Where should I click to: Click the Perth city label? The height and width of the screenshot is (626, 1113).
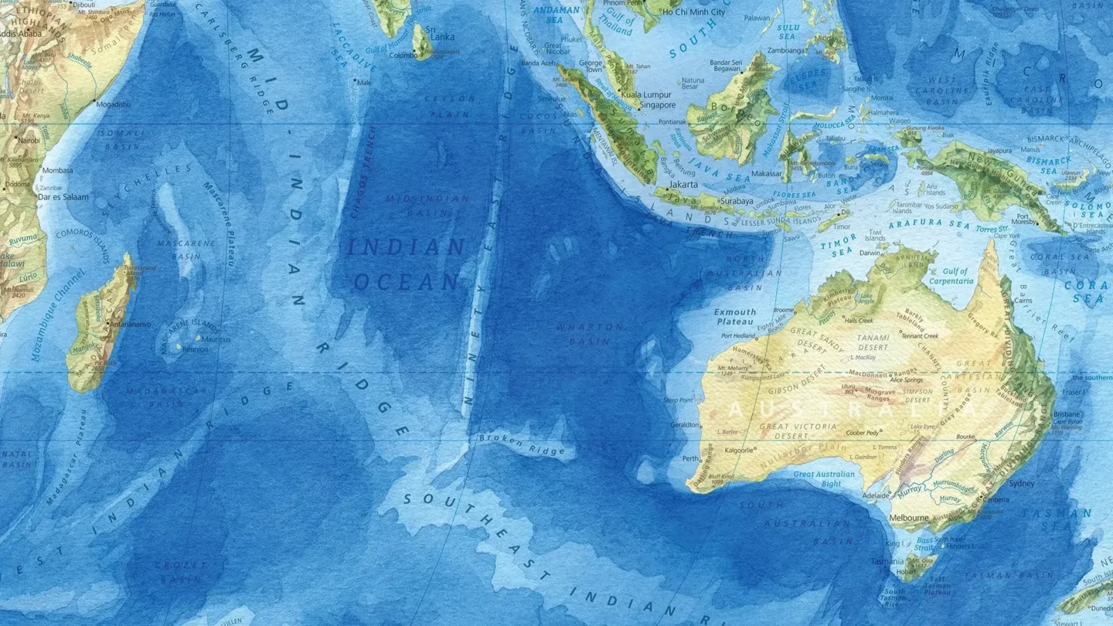(689, 458)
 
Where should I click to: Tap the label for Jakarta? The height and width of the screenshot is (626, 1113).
(683, 185)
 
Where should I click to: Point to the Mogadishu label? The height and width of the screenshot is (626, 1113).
(113, 104)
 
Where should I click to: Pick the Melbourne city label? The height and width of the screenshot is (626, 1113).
(908, 517)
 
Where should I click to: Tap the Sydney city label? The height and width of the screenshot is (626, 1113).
(1021, 483)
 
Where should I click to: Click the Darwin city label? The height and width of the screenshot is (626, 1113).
(871, 253)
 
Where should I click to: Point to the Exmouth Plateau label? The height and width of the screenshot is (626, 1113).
(735, 316)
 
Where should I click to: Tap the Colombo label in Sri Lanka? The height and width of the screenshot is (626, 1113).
(403, 56)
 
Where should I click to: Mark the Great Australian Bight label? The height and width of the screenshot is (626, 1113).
(825, 478)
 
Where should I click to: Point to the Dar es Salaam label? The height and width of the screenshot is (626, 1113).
(65, 197)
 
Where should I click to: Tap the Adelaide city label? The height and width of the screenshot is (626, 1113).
(876, 495)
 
